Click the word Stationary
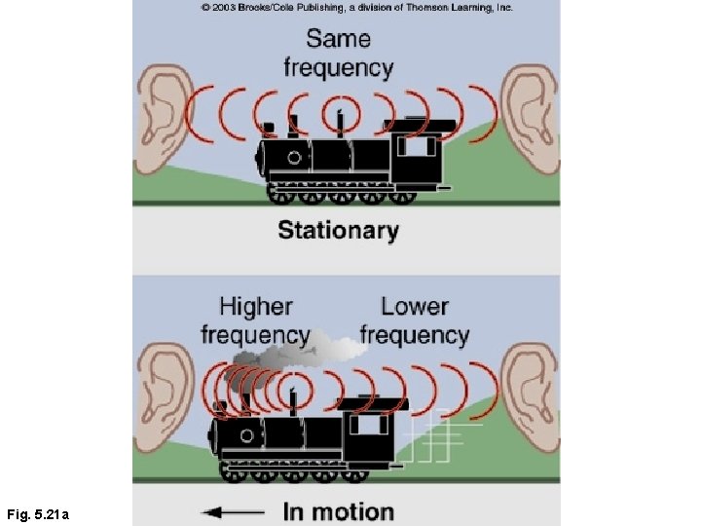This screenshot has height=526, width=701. pos(338,231)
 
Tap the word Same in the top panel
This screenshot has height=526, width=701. pos(339,38)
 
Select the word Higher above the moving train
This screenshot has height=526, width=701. pos(256,307)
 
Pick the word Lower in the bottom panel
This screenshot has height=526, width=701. pos(415,307)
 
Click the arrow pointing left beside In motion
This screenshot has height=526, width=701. pos(233,512)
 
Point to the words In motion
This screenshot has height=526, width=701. pos(339,512)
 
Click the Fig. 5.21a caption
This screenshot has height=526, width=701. pos(38,515)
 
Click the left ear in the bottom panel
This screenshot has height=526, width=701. pos(164,397)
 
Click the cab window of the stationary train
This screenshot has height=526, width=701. pos(417,146)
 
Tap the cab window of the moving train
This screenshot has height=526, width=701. pos(369,425)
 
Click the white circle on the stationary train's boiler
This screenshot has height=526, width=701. pos(294,158)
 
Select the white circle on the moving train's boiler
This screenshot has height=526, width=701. pos(246,435)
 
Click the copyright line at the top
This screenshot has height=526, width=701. pos(356,8)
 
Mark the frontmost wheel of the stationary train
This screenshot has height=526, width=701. pos(279,195)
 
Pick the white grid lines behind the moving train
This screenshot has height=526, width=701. pos(440,436)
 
